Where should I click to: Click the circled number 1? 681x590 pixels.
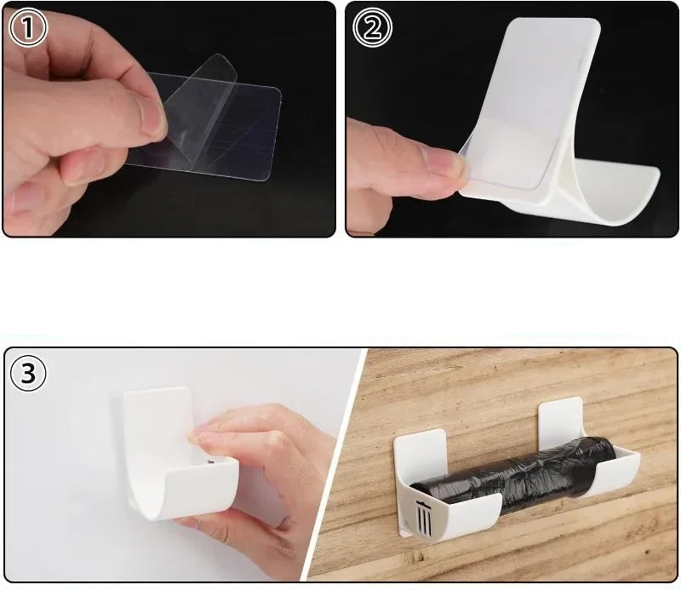click(x=28, y=28)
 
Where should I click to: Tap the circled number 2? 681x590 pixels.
click(x=372, y=27)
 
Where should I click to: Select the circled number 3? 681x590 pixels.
click(x=28, y=374)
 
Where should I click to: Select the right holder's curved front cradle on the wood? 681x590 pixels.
click(x=616, y=472)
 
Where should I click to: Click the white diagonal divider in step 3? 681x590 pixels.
click(x=335, y=465)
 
